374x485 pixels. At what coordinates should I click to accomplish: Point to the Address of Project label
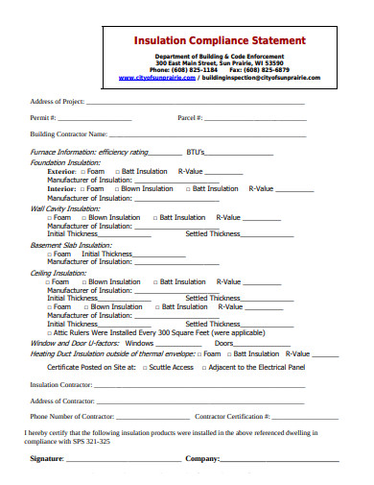pos(58,101)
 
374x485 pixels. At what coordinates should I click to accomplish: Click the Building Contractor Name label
pos(68,134)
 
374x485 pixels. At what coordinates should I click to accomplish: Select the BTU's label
pos(197,153)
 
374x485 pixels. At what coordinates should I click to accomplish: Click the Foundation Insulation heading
pos(65,162)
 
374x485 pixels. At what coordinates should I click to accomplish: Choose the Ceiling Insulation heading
pos(58,273)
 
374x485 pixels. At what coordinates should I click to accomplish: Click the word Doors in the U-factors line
pos(224,343)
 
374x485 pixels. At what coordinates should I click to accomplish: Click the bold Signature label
pos(46,459)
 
